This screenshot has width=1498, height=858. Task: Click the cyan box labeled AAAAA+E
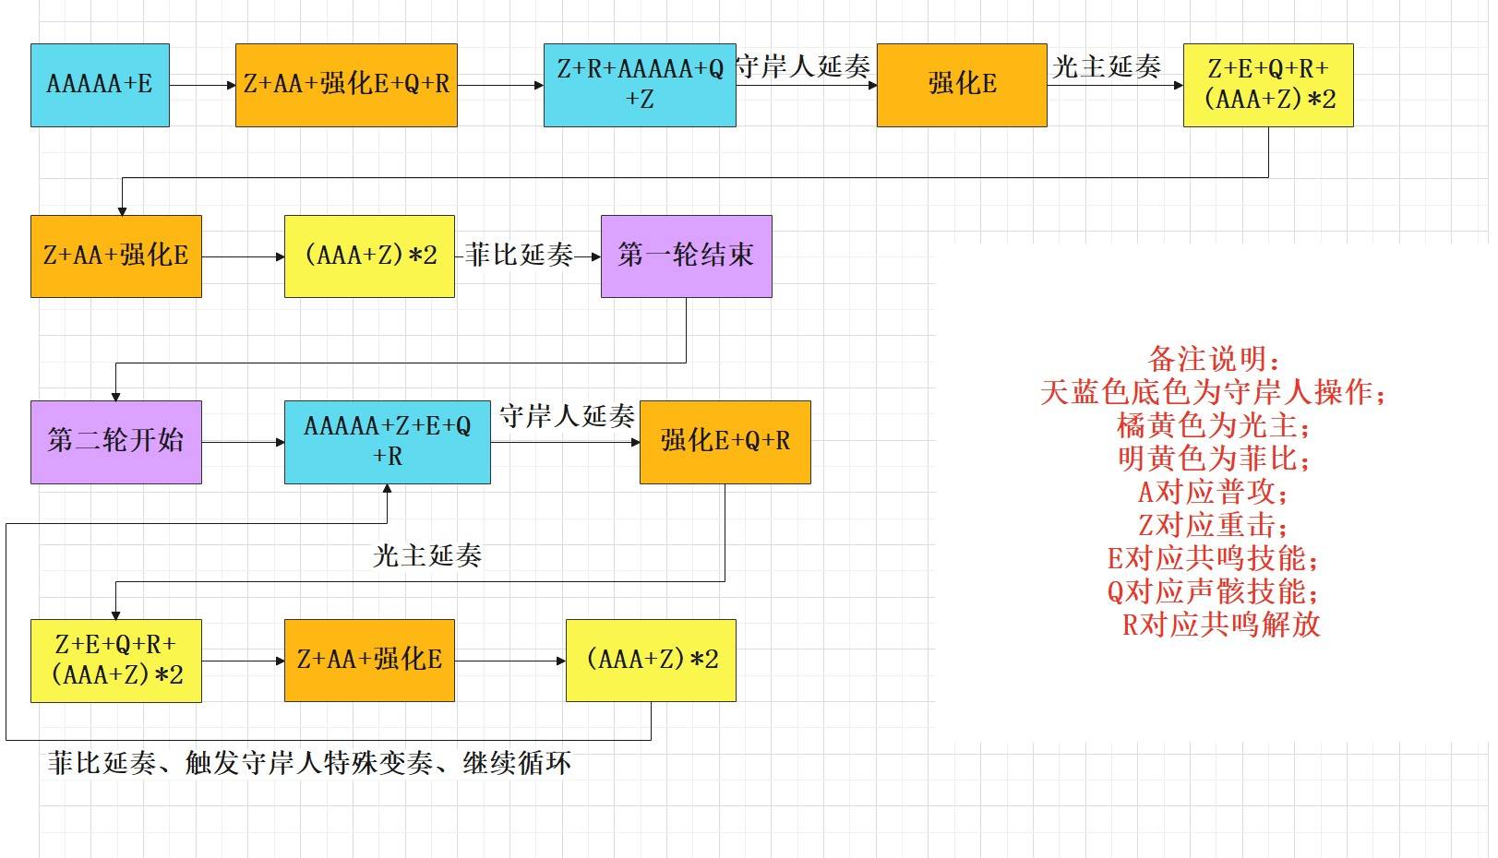pyautogui.click(x=100, y=85)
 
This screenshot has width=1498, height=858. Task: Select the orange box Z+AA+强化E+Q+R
pyautogui.click(x=346, y=85)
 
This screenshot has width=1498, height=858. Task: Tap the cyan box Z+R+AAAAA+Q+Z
pyautogui.click(x=640, y=85)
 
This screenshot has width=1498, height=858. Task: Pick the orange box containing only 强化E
pyautogui.click(x=962, y=85)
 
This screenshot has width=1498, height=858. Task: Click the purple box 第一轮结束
pyautogui.click(x=686, y=256)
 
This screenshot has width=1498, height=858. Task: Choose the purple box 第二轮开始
pyautogui.click(x=115, y=442)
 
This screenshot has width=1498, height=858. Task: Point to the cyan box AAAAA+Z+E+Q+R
pyautogui.click(x=388, y=442)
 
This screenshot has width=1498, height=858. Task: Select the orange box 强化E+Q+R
pyautogui.click(x=725, y=442)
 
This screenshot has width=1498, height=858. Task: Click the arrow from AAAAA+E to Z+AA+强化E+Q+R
pyautogui.click(x=203, y=86)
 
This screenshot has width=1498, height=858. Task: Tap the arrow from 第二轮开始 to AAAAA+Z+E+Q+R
pyautogui.click(x=243, y=442)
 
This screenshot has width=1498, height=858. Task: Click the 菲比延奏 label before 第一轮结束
pyautogui.click(x=519, y=256)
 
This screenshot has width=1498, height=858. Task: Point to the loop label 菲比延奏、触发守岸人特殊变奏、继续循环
pyautogui.click(x=309, y=763)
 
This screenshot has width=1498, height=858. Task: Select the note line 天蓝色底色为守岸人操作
pyautogui.click(x=1213, y=392)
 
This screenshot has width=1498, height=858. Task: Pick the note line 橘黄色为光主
pyautogui.click(x=1213, y=425)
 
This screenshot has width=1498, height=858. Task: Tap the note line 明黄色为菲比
pyautogui.click(x=1213, y=459)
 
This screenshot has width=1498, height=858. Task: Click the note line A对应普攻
pyautogui.click(x=1213, y=492)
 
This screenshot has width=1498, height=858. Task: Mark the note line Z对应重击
pyautogui.click(x=1213, y=525)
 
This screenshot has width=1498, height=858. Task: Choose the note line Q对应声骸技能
pyautogui.click(x=1213, y=591)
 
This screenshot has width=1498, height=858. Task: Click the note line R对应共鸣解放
pyautogui.click(x=1221, y=625)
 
